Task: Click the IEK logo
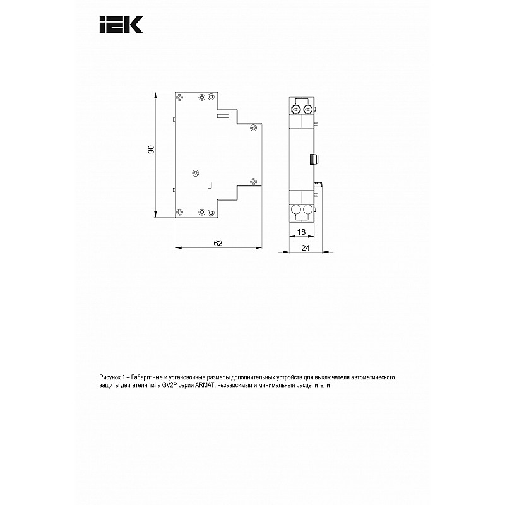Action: click(x=121, y=25)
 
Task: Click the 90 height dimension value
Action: click(x=151, y=149)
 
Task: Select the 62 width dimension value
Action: click(x=218, y=243)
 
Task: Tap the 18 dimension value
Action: click(x=301, y=232)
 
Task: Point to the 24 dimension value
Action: click(x=306, y=247)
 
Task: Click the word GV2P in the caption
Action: click(x=169, y=385)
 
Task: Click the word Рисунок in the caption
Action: click(x=109, y=377)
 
